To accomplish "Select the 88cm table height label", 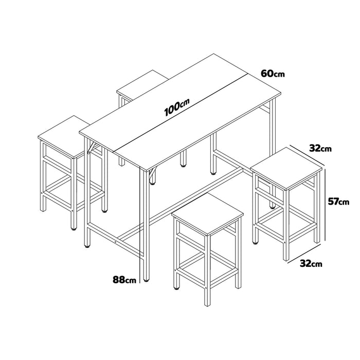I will tap(125, 280).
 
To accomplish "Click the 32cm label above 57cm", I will tap(319, 148).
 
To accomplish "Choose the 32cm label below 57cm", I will tap(312, 264).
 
